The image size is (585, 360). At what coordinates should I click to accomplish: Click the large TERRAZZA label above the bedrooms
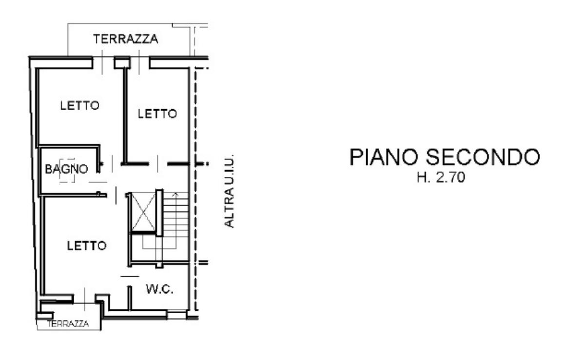pyautogui.click(x=126, y=39)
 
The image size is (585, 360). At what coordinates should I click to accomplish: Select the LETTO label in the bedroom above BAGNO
pyautogui.click(x=79, y=106)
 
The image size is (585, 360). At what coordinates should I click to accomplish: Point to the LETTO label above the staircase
pyautogui.click(x=157, y=114)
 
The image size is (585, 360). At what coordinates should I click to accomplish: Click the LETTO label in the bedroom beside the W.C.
pyautogui.click(x=87, y=246)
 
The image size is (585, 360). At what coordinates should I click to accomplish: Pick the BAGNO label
pyautogui.click(x=67, y=169)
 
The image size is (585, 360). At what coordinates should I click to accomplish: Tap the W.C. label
pyautogui.click(x=159, y=289)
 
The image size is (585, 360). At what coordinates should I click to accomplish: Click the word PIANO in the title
pyautogui.click(x=383, y=157)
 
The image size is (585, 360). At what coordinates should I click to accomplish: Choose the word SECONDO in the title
pyautogui.click(x=483, y=157)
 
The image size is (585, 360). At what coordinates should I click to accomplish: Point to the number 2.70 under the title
pyautogui.click(x=451, y=177)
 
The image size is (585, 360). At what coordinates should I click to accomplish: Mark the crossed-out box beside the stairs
pyautogui.click(x=143, y=212)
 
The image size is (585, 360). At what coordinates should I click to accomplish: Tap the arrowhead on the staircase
pyautogui.click(x=175, y=194)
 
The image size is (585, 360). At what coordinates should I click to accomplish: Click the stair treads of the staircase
pyautogui.click(x=175, y=215)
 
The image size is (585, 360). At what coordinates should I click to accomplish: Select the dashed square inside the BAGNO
pyautogui.click(x=67, y=170)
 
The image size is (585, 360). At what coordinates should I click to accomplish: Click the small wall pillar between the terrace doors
pyautogui.click(x=122, y=63)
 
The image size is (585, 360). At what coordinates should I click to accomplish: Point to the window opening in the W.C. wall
pyautogui.click(x=176, y=315)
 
